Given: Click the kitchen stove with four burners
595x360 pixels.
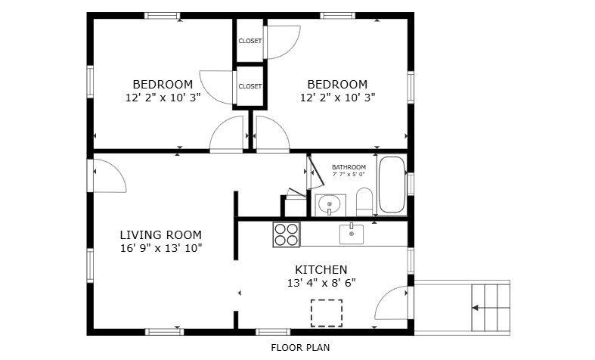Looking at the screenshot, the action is tap(286, 234).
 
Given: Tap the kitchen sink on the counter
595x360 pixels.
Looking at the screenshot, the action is tap(352, 234).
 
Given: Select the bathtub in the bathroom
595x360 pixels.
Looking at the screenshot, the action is tap(392, 185).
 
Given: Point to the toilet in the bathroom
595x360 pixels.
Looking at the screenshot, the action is tap(364, 202).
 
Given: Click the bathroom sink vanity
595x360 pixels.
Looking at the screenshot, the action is tap(330, 205).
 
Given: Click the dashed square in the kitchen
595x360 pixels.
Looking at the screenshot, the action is tap(327, 313).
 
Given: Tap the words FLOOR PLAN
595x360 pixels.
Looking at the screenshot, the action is tap(300, 347).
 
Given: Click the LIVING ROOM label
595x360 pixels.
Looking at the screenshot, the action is tap(160, 234).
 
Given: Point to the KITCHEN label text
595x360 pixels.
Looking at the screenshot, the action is tap(321, 269).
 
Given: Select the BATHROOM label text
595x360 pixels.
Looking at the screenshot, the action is tap(349, 167).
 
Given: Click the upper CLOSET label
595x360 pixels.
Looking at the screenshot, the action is tap(250, 41).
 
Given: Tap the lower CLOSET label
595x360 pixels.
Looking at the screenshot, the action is tap(250, 86).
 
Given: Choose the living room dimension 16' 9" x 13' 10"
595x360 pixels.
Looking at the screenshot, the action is tap(161, 248).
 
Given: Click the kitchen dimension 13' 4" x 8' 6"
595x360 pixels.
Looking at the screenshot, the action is tap(321, 283).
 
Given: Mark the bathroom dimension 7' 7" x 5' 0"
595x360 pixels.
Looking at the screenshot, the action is tap(349, 175).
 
